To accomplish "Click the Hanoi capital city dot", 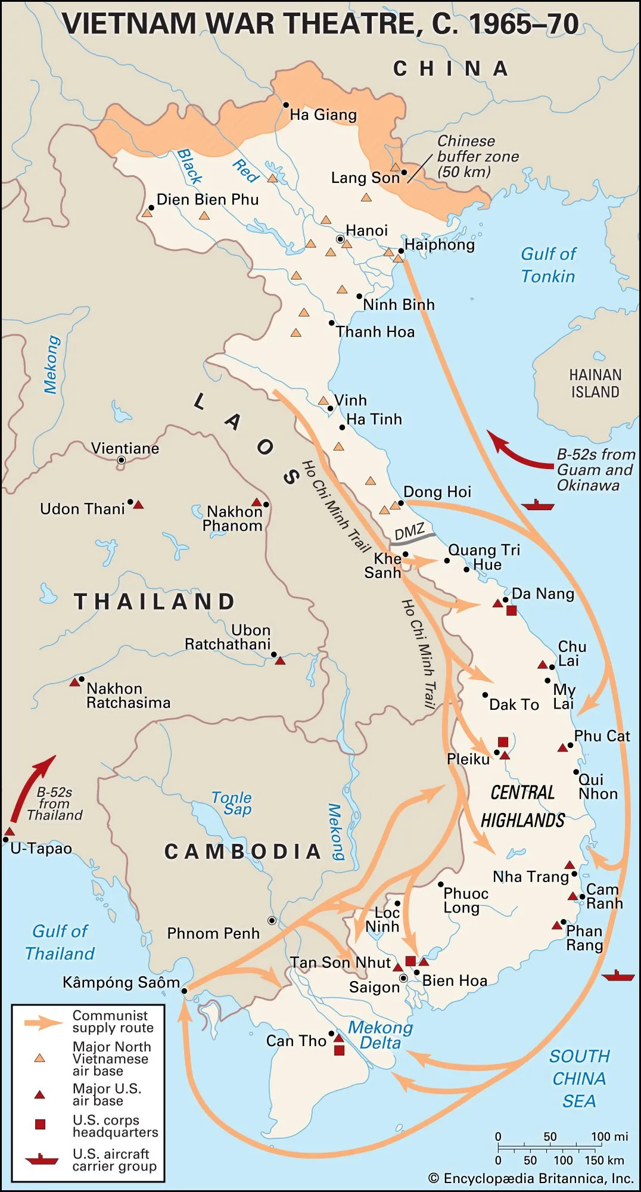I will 340,239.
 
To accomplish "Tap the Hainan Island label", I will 595,383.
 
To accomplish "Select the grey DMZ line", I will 413,538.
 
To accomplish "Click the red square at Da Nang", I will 511,610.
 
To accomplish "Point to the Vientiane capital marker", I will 122,460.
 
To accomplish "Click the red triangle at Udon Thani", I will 138,505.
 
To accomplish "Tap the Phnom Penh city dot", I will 272,920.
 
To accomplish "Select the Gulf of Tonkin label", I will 547,265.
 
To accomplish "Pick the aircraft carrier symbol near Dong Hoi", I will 537,505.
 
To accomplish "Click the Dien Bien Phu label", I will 207,200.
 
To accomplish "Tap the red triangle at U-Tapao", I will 10,831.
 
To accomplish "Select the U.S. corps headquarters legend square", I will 40,1124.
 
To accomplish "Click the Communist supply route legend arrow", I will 43,1023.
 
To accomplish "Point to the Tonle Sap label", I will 232,803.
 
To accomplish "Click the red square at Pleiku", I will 503,742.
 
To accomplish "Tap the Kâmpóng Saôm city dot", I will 184,991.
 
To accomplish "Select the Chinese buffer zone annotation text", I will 477,156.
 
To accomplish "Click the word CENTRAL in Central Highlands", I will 522,793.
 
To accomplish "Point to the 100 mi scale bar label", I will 609,1137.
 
